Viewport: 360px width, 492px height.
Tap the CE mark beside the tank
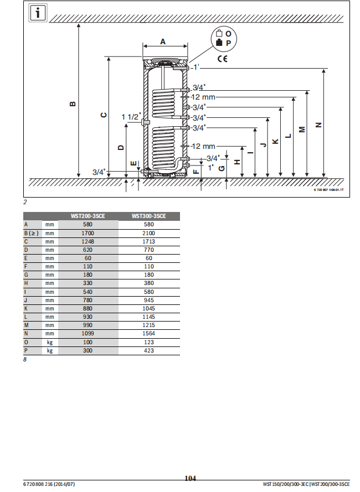click(x=222, y=59)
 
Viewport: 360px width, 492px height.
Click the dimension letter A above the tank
click(x=163, y=42)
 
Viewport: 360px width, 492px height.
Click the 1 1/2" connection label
click(x=131, y=116)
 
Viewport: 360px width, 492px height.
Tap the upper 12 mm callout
click(x=203, y=97)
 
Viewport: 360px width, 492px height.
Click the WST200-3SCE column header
click(x=88, y=216)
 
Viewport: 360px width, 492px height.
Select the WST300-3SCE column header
click(x=149, y=216)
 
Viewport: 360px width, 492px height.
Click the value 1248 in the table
click(x=88, y=241)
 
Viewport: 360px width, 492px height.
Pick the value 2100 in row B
click(x=149, y=233)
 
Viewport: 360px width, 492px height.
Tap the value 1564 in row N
click(x=149, y=334)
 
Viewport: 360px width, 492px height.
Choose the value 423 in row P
click(x=149, y=351)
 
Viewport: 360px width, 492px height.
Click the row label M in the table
click(x=26, y=325)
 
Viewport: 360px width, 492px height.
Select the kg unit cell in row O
click(x=50, y=342)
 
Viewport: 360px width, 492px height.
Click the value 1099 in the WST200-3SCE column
click(x=88, y=334)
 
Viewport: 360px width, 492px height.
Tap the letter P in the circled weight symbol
click(x=228, y=43)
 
